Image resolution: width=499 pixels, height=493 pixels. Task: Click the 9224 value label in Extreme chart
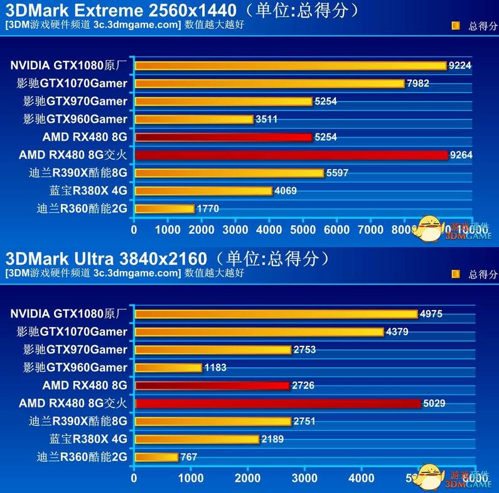click(460, 65)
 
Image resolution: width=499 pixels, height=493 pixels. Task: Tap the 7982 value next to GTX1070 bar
click(419, 84)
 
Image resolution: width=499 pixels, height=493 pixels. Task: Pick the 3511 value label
click(266, 119)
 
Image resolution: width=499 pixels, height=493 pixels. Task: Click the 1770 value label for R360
click(208, 209)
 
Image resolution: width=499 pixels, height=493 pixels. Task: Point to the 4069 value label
click(286, 191)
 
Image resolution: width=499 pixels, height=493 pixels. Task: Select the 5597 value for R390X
click(337, 173)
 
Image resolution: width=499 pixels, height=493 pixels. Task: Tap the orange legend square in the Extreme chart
click(456, 26)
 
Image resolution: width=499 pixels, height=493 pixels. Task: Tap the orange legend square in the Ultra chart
click(456, 274)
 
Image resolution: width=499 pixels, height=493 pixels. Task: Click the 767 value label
click(189, 457)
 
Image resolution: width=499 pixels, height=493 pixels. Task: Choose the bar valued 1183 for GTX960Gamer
click(168, 367)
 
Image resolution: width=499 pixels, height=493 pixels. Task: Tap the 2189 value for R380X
click(272, 439)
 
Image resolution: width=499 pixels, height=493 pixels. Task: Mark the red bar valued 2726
click(212, 385)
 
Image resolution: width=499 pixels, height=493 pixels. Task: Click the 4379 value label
click(397, 332)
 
